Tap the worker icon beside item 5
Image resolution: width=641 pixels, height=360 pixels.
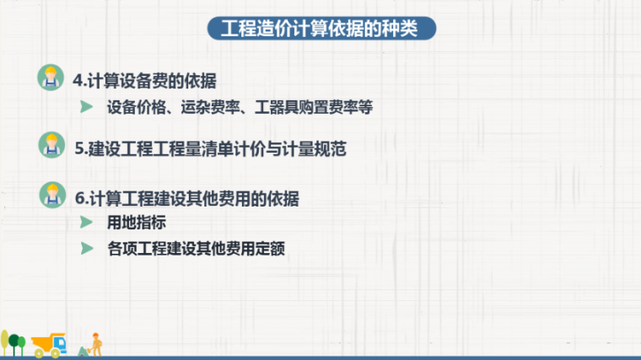coord(51,145)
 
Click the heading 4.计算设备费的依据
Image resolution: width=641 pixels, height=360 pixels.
coord(145,81)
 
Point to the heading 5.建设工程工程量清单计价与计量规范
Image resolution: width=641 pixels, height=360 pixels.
coord(210,149)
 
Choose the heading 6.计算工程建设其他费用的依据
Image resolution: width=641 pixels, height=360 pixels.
coord(186,199)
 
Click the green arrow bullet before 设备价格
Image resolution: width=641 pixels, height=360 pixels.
coord(86,107)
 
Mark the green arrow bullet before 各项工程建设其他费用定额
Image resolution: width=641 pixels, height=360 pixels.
coord(86,249)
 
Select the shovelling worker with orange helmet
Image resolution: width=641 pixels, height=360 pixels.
coord(96,343)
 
